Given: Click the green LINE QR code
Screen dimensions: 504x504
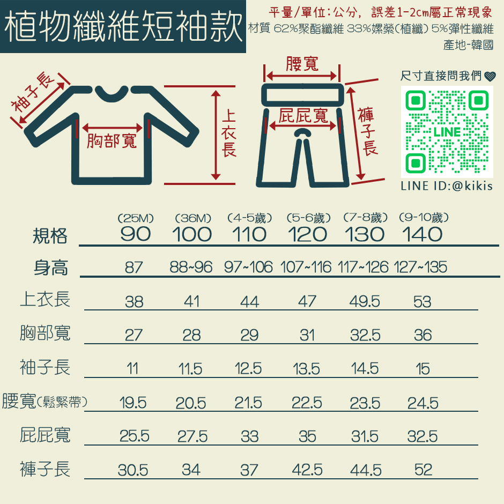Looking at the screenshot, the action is (x=447, y=132).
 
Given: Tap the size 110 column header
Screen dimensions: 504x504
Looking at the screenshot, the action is (x=249, y=234).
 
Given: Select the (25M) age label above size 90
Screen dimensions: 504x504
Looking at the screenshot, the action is (x=136, y=218).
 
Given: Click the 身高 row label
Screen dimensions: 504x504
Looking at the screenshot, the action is (x=51, y=268).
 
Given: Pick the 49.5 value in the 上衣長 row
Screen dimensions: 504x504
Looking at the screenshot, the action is (x=365, y=301).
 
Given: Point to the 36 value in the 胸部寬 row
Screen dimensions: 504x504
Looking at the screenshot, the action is (x=423, y=335).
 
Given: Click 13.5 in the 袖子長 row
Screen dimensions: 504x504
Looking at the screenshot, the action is (x=306, y=369).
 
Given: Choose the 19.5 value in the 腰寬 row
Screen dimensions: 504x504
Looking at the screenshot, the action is (x=133, y=403).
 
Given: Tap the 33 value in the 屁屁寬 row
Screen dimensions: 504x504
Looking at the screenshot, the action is (x=249, y=436).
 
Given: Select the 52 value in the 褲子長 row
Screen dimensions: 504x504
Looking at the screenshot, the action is (x=423, y=470).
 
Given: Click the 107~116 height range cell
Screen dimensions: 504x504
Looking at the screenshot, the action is (x=306, y=267).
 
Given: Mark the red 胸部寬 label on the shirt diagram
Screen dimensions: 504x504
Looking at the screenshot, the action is (x=112, y=141).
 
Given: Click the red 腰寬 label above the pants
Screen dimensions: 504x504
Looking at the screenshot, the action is (x=302, y=64).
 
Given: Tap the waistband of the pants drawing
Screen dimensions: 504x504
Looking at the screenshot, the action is (x=302, y=95).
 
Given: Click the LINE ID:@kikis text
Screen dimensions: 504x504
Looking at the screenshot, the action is (x=447, y=186).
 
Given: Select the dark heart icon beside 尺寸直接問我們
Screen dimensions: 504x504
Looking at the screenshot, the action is (x=490, y=77).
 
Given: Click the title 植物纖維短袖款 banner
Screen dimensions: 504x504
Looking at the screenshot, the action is (x=123, y=26).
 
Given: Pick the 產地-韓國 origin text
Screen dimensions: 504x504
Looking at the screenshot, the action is (x=468, y=45).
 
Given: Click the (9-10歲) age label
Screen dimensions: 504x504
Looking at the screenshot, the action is (x=424, y=218).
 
